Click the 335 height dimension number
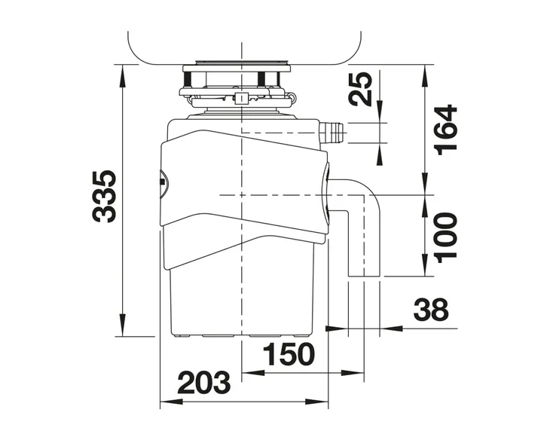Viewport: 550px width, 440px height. pos(104,197)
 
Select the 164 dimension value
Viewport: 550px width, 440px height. pos(446,130)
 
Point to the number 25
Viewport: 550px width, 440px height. pos(362,89)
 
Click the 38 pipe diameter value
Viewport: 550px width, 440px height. pos(431,310)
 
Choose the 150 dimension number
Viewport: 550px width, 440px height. pos(289,354)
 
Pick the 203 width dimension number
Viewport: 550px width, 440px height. pos(203,383)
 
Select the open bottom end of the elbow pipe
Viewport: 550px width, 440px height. pos(364,277)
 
